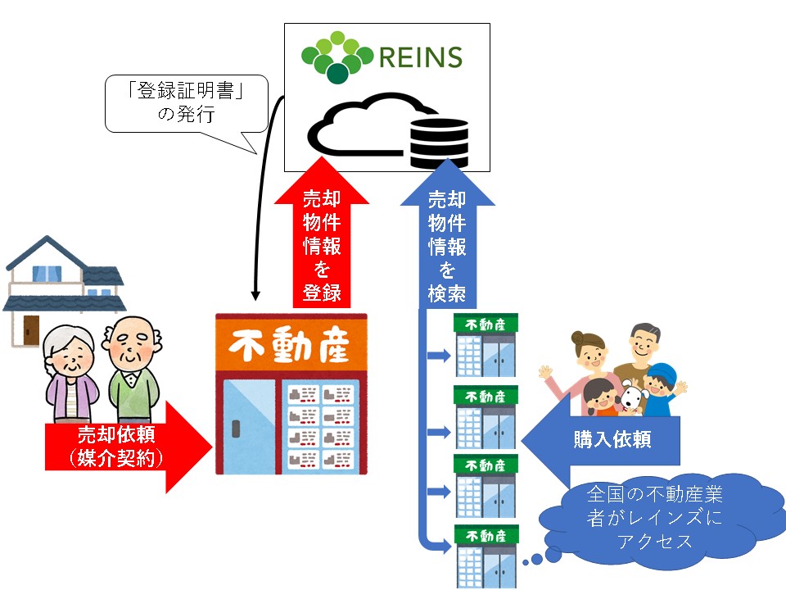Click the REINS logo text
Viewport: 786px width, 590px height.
420,57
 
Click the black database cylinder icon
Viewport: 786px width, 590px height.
438,141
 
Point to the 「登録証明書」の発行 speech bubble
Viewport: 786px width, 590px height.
187,103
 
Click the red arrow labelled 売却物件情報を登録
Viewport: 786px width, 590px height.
322,238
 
